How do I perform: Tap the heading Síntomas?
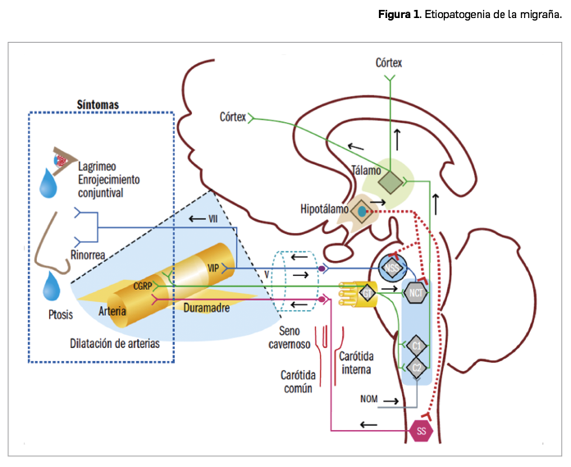coord(98,104)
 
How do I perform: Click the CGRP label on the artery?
coord(143,285)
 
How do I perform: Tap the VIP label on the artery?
coord(213,268)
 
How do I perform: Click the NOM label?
coord(370,400)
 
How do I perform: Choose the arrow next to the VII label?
coord(195,218)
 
